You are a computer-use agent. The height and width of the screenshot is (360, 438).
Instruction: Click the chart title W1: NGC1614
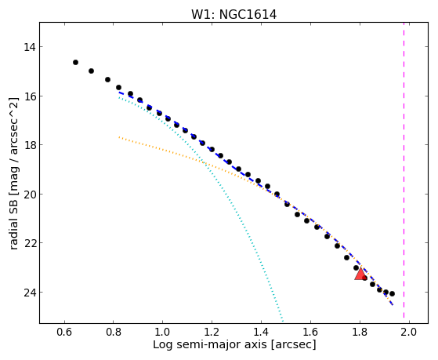(233, 14)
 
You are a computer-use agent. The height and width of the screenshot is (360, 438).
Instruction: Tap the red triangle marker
(360, 275)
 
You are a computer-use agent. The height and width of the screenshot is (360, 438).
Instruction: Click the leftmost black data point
(75, 63)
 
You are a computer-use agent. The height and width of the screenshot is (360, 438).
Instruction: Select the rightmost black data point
(392, 293)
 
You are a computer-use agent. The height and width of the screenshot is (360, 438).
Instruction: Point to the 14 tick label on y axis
(30, 47)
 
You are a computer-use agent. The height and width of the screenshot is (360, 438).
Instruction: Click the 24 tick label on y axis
(30, 293)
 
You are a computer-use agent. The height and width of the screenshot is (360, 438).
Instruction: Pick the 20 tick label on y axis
(30, 195)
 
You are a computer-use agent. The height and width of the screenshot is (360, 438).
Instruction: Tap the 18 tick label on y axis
(30, 145)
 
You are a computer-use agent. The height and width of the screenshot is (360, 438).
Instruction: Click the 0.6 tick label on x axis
(64, 333)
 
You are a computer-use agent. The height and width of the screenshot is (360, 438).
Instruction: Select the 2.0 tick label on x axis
(409, 333)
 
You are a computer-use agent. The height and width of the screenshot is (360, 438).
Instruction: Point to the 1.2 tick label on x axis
(212, 333)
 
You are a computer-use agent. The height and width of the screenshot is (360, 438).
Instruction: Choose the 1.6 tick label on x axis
(310, 333)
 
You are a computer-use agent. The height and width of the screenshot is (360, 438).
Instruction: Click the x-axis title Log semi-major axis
(210, 345)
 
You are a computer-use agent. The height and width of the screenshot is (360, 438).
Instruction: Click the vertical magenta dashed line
(404, 170)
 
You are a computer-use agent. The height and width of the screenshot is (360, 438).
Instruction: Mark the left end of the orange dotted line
(119, 137)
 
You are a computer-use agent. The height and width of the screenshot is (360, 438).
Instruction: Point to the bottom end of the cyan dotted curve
(283, 322)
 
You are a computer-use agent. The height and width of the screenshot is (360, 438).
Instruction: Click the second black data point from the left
(91, 71)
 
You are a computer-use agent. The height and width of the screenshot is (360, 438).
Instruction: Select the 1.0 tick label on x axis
(162, 333)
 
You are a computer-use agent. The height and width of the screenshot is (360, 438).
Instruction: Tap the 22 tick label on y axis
(30, 243)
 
